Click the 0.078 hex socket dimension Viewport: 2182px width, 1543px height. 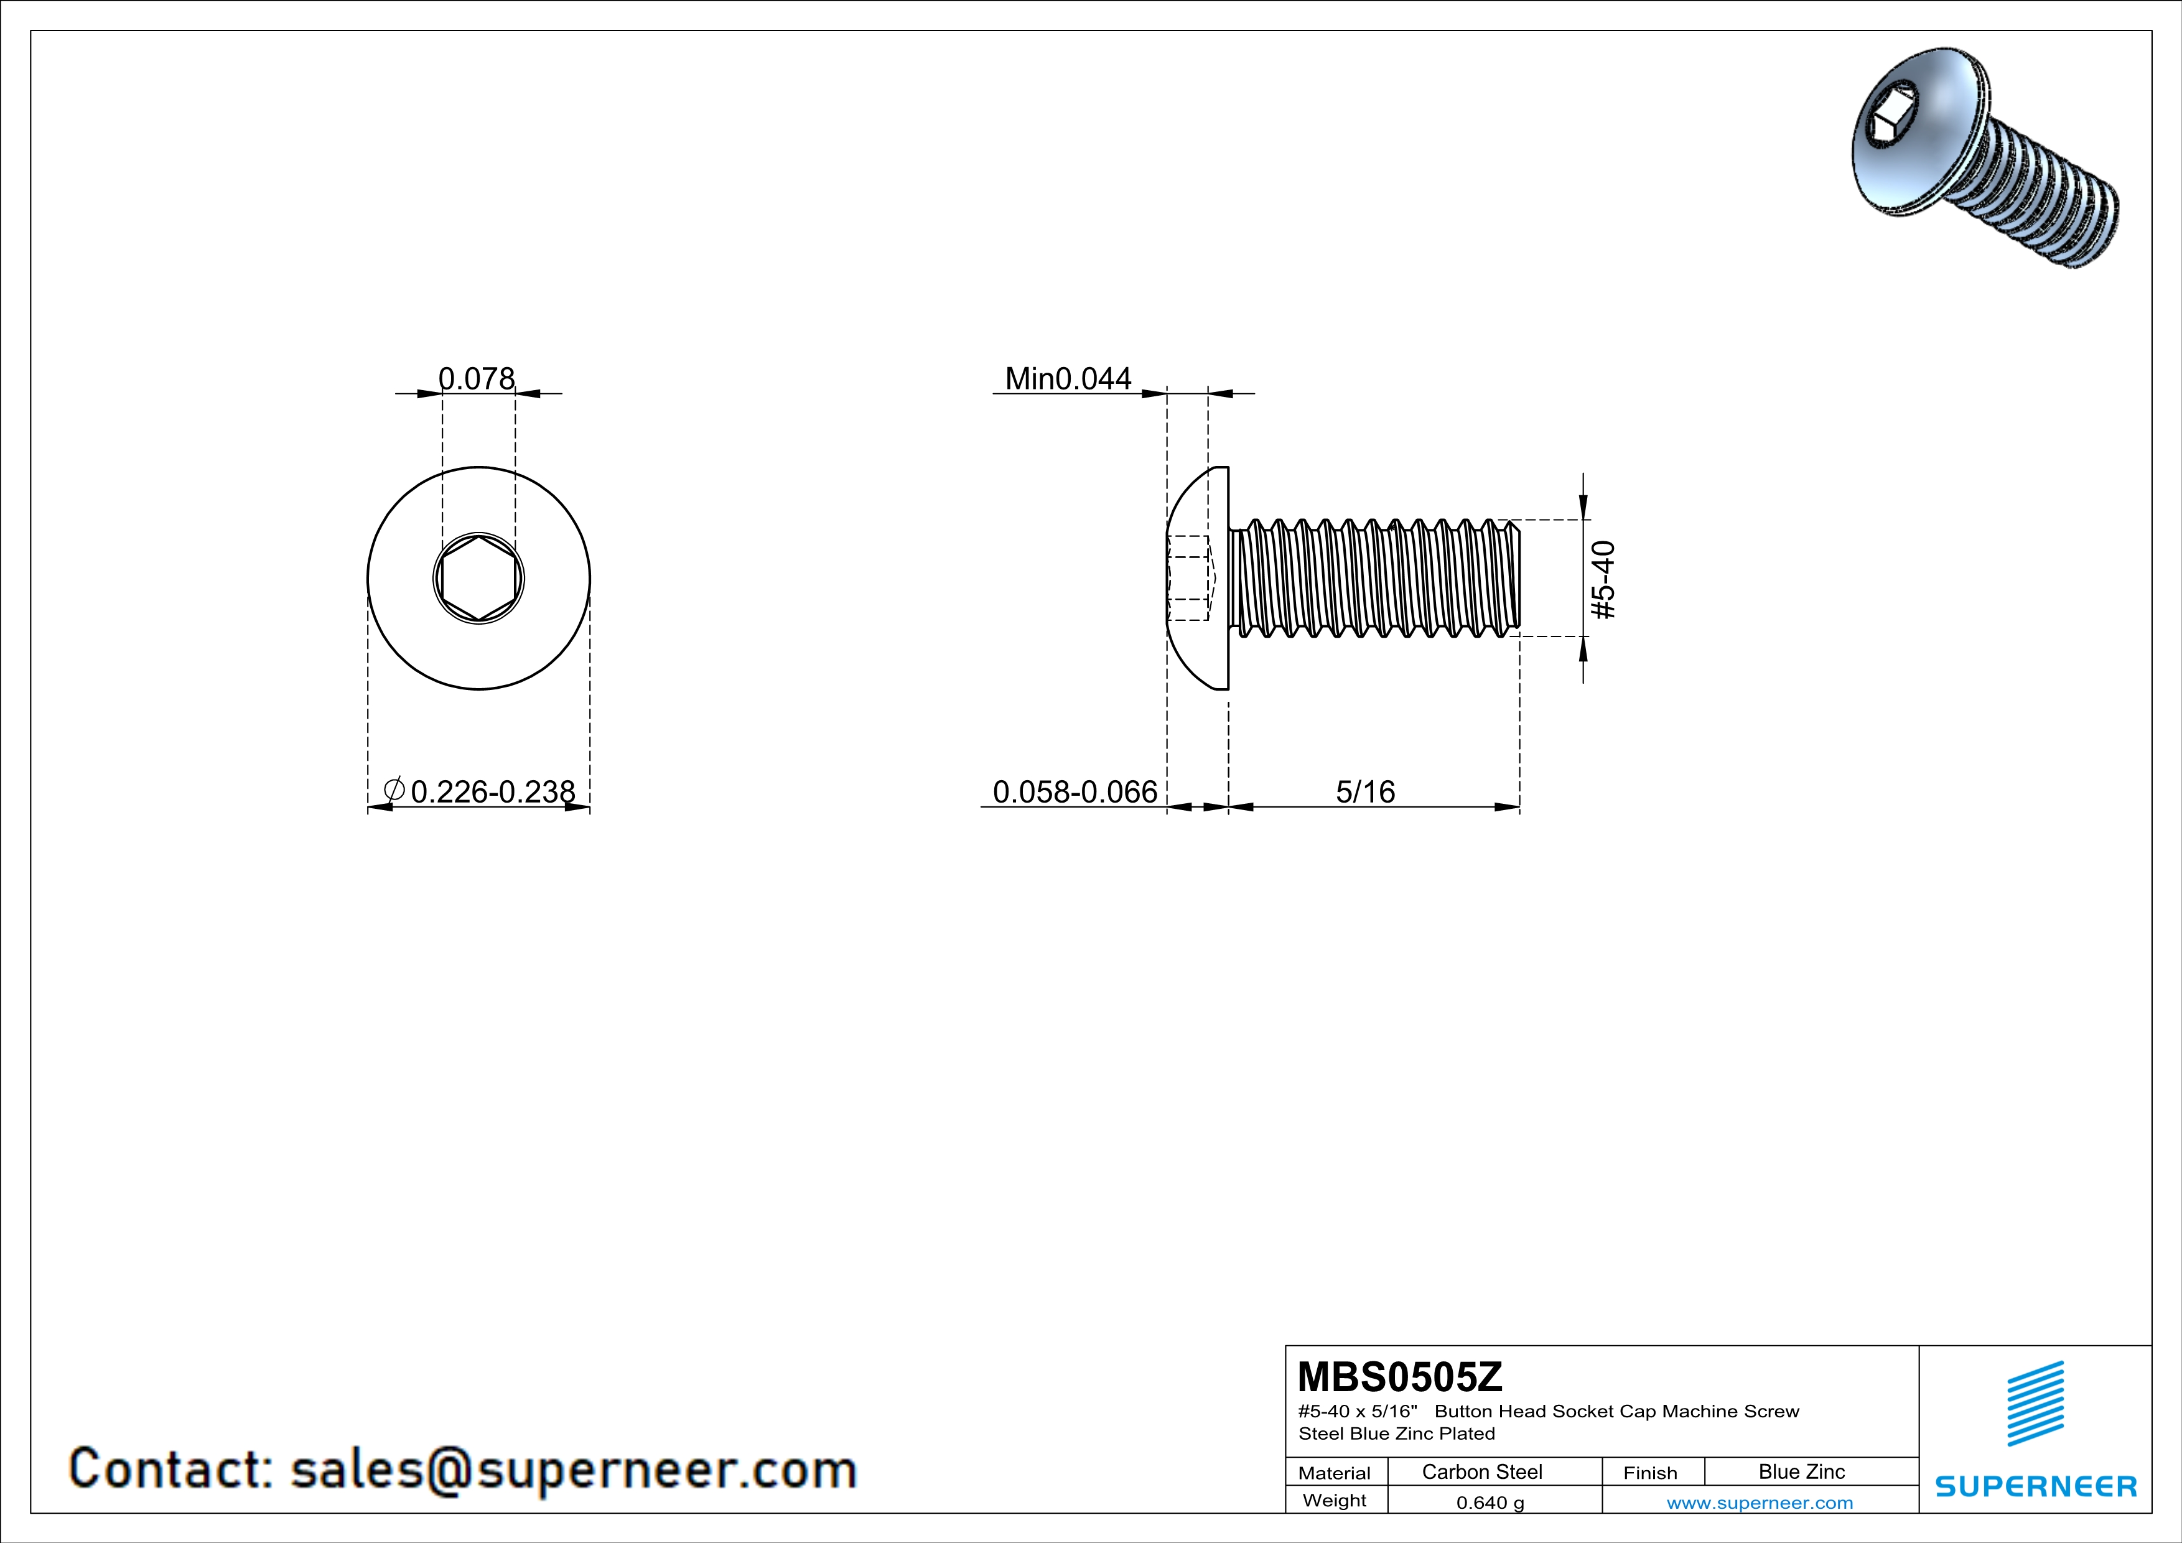pos(476,378)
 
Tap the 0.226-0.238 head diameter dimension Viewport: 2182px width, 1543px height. pos(492,791)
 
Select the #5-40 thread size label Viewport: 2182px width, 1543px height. pos(1603,580)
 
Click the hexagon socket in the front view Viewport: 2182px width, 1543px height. pos(479,577)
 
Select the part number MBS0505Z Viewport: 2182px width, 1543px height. pos(1400,1377)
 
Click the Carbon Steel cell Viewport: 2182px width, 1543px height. pos(1481,1471)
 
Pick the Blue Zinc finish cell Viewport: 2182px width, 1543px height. pos(1801,1471)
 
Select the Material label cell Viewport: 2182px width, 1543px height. pos(1335,1473)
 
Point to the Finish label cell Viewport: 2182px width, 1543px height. pos(1650,1473)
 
